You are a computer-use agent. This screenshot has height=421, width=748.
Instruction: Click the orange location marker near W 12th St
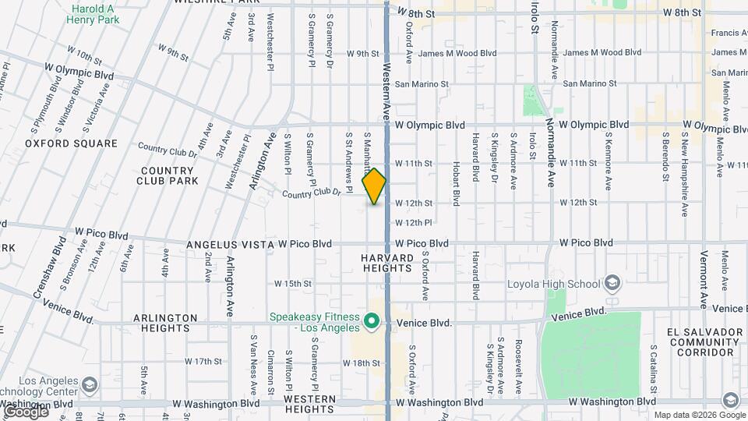tap(375, 186)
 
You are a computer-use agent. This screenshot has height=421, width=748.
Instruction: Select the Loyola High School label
tap(555, 284)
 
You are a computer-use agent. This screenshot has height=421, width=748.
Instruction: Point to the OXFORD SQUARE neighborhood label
tap(71, 143)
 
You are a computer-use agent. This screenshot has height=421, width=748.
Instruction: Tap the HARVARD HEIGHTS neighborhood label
tap(387, 263)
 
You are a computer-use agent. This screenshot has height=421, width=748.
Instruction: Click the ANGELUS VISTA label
tap(228, 244)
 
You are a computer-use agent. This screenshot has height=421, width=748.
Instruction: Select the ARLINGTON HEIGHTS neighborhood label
tap(165, 324)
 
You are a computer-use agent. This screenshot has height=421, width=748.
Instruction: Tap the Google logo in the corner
tap(26, 411)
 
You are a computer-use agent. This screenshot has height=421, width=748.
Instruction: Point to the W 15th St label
tap(292, 284)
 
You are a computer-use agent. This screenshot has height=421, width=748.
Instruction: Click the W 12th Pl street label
tap(414, 223)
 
